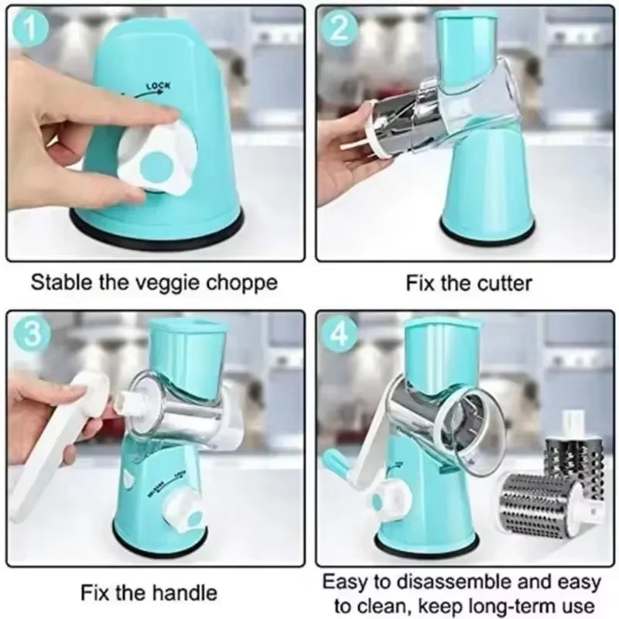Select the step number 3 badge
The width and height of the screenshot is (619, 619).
29,333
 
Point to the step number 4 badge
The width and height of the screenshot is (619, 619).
339,333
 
